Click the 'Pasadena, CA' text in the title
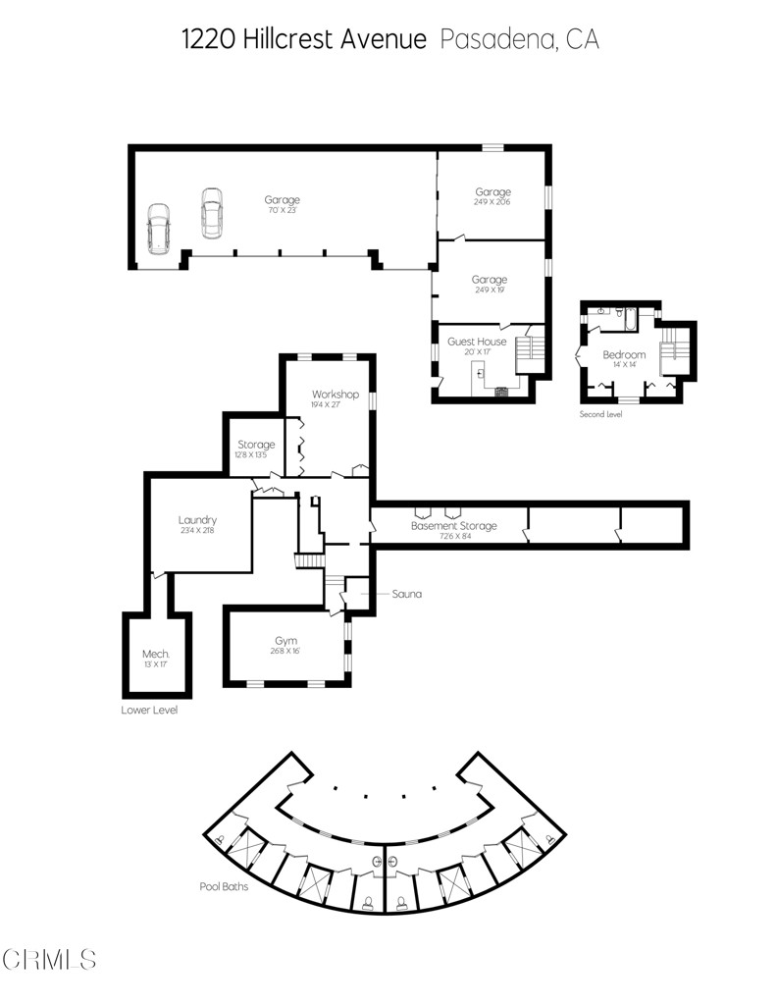(x=520, y=39)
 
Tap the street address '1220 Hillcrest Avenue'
(x=304, y=39)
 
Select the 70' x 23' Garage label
(x=282, y=205)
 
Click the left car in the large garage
(x=158, y=229)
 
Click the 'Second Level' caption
(x=600, y=414)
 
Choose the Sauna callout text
(x=406, y=594)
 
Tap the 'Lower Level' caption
(x=149, y=710)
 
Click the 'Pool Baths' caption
(x=225, y=886)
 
